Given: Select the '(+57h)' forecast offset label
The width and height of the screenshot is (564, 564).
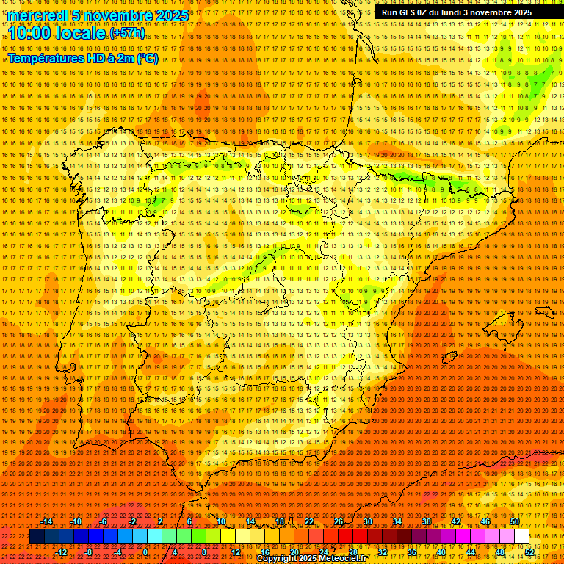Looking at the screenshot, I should [127, 33].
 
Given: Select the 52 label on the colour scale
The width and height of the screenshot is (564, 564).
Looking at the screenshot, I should [529, 552].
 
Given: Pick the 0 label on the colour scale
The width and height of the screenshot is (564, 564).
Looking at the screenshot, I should [145, 552].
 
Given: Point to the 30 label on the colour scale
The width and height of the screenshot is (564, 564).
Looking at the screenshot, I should [367, 521].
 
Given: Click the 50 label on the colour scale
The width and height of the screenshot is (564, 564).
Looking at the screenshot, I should [515, 521].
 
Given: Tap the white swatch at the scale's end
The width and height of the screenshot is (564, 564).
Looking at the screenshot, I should [521, 537].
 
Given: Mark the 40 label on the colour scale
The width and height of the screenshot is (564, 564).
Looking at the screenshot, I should [441, 552].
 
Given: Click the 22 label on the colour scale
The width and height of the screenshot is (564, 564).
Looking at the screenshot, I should [308, 521].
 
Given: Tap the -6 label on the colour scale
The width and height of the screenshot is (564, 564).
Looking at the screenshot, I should [104, 521].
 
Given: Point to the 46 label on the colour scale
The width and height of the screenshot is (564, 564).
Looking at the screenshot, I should [485, 521].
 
